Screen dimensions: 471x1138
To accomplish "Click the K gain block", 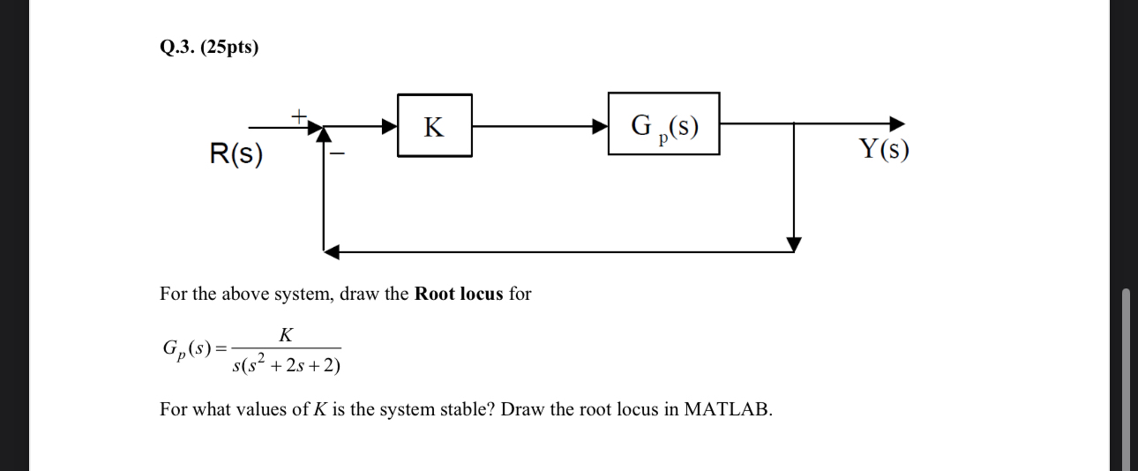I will click(434, 126).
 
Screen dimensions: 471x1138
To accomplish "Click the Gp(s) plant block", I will click(663, 124).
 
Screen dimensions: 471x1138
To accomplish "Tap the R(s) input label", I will click(236, 155).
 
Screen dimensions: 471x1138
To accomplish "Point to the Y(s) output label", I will click(883, 150).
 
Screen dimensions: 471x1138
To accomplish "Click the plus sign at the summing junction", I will click(299, 115).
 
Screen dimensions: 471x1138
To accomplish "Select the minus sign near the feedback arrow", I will click(336, 154).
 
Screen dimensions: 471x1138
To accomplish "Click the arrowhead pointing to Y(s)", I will click(896, 123).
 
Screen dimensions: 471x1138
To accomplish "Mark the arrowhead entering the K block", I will click(389, 126).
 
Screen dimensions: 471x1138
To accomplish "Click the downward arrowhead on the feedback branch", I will click(794, 243).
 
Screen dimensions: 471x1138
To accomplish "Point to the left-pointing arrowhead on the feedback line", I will click(332, 252).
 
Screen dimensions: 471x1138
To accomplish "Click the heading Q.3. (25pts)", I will click(209, 48).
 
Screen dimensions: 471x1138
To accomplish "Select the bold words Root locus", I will click(459, 294).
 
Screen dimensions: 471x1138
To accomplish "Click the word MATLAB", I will click(728, 409).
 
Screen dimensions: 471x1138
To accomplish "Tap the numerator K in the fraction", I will click(286, 335).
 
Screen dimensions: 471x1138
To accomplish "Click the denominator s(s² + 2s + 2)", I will click(286, 363).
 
